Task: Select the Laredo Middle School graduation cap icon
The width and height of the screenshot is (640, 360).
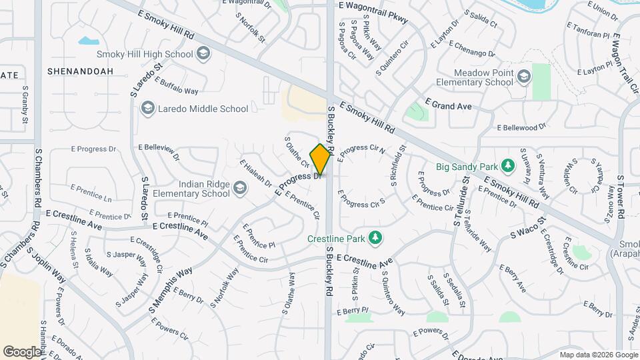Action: click(x=147, y=109)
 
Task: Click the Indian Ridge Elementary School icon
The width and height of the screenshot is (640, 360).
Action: click(x=239, y=189)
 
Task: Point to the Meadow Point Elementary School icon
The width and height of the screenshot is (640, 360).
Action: click(x=524, y=77)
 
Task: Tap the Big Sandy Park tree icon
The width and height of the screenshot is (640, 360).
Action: click(x=508, y=165)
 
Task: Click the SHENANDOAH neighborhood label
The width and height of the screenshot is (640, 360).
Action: click(x=81, y=71)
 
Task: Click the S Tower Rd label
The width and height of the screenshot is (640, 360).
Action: click(x=620, y=195)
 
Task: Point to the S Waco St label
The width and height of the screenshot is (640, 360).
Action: click(x=528, y=227)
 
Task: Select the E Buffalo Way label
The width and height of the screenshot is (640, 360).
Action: click(x=177, y=87)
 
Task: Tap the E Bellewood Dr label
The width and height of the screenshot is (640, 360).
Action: click(x=521, y=126)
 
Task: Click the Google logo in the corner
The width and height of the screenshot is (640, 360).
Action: click(x=22, y=351)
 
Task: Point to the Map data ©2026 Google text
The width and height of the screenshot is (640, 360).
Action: click(x=598, y=355)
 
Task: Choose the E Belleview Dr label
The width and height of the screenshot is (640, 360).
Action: click(x=159, y=152)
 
